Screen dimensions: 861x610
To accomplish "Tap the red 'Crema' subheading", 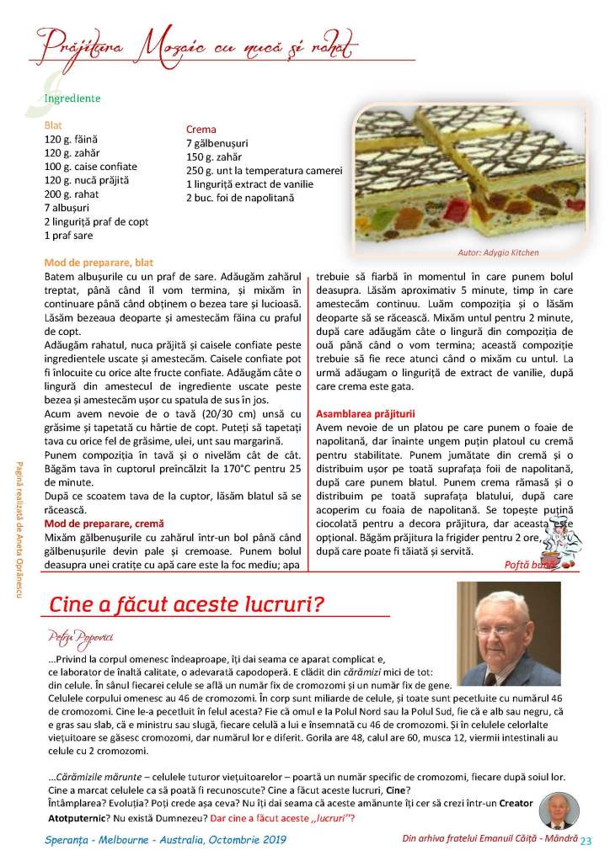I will pos(200,130).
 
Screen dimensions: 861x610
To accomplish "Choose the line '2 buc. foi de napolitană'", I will pos(239,197).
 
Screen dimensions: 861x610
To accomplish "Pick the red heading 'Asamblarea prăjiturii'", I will pos(365,414).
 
